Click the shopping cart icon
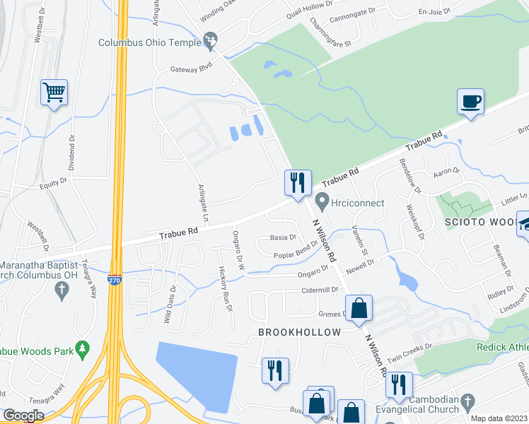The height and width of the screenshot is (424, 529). [x=54, y=92]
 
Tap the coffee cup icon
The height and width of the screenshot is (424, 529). [x=471, y=101]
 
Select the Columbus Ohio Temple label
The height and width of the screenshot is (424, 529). [x=150, y=42]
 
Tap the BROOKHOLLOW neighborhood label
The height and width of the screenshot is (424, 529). [x=299, y=332]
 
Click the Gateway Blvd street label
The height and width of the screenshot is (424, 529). [x=191, y=69]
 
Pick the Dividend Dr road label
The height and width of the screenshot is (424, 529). [x=71, y=153]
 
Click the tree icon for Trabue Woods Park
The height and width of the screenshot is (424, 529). [x=83, y=348]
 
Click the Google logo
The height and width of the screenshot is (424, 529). [x=23, y=416]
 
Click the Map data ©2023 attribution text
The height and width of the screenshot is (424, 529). [x=498, y=418]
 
